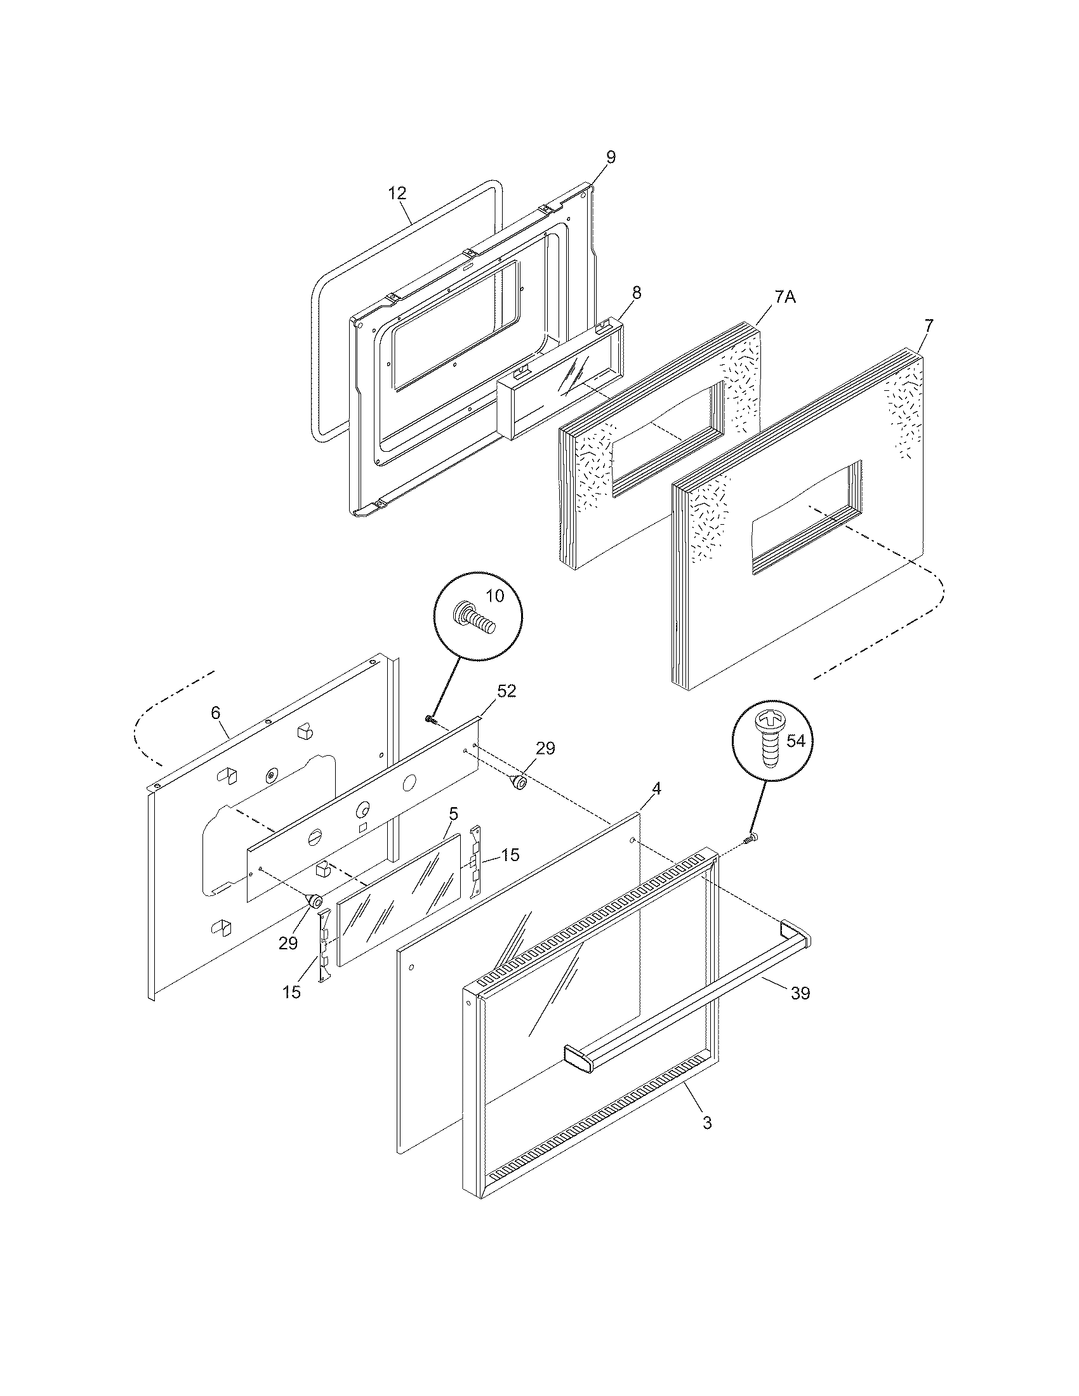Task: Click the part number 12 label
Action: (397, 194)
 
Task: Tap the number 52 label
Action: (506, 691)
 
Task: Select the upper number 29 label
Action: (545, 749)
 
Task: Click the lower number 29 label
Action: (288, 944)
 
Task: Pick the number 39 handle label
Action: (800, 992)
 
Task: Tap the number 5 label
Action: (453, 813)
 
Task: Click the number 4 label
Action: (656, 789)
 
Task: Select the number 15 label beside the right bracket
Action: (510, 855)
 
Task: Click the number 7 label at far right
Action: (928, 325)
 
